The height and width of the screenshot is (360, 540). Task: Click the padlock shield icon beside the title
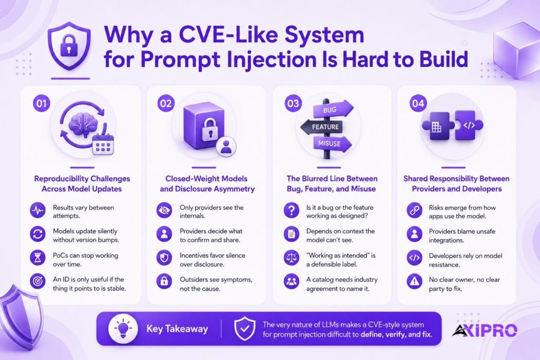[x=69, y=46]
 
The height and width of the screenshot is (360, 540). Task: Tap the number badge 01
[x=42, y=103]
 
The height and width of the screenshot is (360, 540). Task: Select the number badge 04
[x=418, y=103]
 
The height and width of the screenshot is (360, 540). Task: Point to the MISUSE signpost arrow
[x=332, y=143]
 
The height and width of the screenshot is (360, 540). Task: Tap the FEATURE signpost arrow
[x=322, y=127]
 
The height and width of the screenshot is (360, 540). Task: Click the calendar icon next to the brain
[x=103, y=144]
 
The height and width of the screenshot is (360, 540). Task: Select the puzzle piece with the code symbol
[x=469, y=125]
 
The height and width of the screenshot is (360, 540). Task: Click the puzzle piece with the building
[x=436, y=126]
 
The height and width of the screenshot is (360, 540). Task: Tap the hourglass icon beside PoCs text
[x=37, y=258]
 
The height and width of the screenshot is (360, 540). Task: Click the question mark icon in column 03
[x=291, y=210]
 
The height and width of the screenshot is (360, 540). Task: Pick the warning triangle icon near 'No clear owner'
[x=414, y=281]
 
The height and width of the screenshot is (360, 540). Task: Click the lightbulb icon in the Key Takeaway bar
[x=123, y=329]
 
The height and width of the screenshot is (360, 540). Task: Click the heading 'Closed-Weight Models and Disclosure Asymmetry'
[x=207, y=184]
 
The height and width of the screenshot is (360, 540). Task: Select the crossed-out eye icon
[x=165, y=210]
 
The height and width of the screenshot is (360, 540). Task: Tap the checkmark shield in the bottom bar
[x=245, y=329]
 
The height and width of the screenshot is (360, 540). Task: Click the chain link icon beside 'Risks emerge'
[x=414, y=210]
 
